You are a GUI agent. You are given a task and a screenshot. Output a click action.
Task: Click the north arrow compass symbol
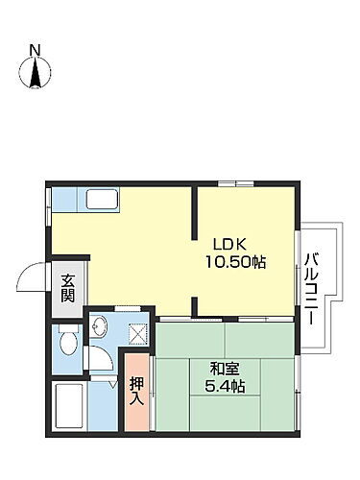click(x=36, y=74)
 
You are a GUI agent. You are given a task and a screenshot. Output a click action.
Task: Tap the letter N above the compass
click(x=35, y=49)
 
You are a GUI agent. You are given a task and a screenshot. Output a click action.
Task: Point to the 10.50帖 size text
click(x=234, y=261)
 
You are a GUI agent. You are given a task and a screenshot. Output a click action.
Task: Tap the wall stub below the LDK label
click(x=196, y=307)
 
